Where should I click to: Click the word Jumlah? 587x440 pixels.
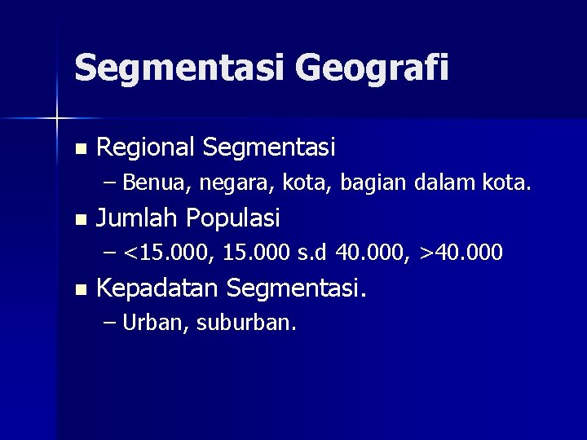pos(138,218)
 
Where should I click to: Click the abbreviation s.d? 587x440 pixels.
pos(310,254)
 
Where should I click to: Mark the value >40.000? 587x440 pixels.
pos(461,254)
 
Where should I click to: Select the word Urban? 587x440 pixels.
pos(157,323)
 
